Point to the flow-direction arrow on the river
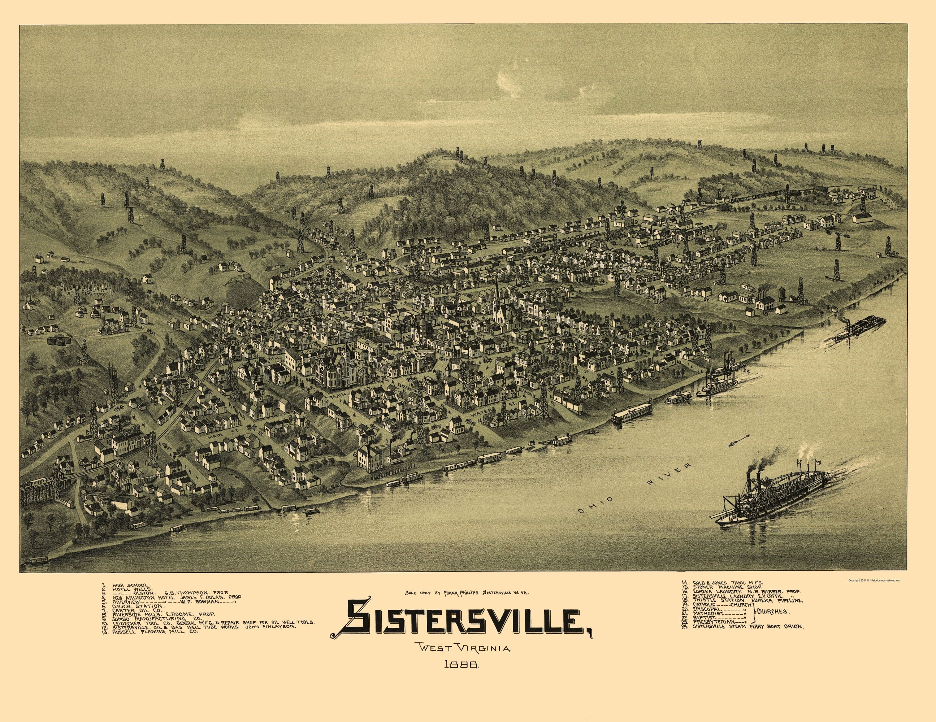[739, 440]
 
